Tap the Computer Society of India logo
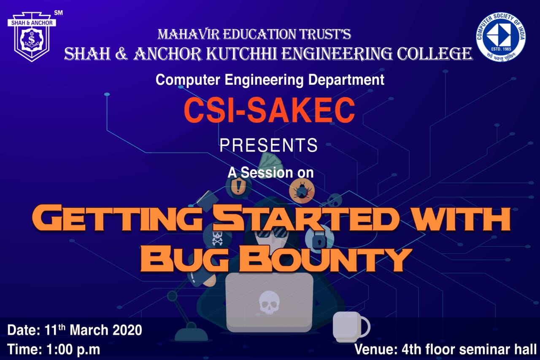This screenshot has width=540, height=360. click(x=501, y=37)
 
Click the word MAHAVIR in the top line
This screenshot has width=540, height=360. click(x=189, y=34)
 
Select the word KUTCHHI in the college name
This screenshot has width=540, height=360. click(x=242, y=54)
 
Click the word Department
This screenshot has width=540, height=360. click(x=346, y=80)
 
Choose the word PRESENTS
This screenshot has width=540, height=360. click(x=269, y=145)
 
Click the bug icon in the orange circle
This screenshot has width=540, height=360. click(x=302, y=191)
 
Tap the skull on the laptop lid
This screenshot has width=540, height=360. click(x=269, y=302)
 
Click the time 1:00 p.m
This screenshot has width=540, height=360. click(x=73, y=349)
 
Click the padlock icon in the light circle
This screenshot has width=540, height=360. click(x=319, y=239)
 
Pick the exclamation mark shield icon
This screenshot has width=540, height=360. click(x=238, y=186)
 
